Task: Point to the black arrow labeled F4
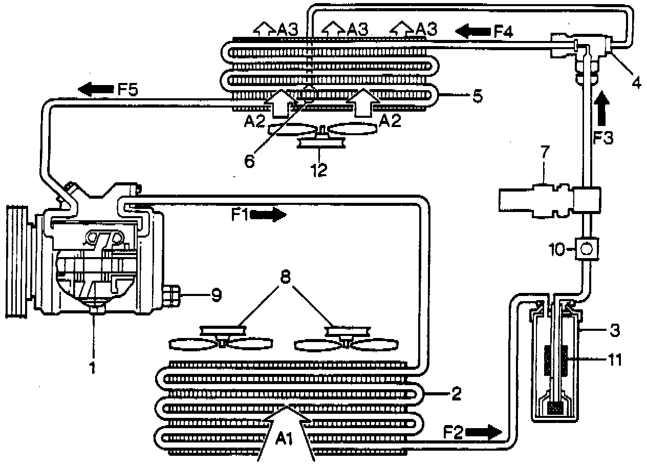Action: pyautogui.click(x=473, y=33)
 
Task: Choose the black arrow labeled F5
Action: pyautogui.click(x=96, y=89)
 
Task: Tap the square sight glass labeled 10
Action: pyautogui.click(x=587, y=249)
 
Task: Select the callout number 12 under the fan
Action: pyautogui.click(x=319, y=170)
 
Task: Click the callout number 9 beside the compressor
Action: pyautogui.click(x=216, y=295)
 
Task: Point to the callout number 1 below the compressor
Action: pyautogui.click(x=93, y=367)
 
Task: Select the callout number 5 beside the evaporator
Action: pyautogui.click(x=477, y=96)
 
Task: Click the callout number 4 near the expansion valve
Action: pyautogui.click(x=636, y=82)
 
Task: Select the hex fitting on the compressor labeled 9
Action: pyautogui.click(x=173, y=294)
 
